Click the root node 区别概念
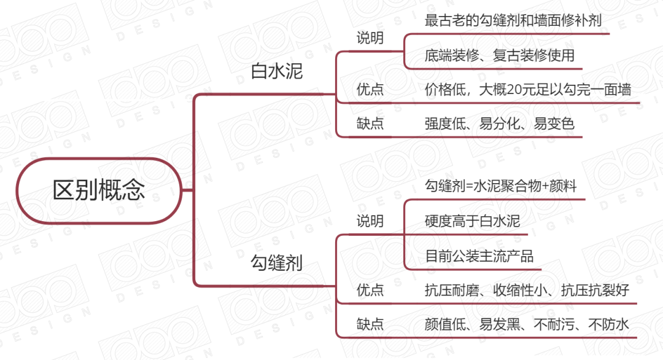point(99,190)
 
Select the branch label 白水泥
point(277,72)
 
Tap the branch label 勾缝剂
point(277,264)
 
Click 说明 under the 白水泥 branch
point(370,38)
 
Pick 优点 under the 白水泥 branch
point(370,90)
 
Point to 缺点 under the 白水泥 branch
point(370,123)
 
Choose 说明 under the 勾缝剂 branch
point(370,221)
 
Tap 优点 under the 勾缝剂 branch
point(370,290)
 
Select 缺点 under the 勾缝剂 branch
point(370,324)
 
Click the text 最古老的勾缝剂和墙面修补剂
point(513,20)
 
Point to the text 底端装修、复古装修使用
point(499,55)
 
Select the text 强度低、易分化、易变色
point(499,123)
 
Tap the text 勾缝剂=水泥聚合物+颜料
point(501,186)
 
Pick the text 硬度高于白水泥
point(472,221)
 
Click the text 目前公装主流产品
point(479,256)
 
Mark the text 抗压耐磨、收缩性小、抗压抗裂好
point(527,290)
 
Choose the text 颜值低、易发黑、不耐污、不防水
point(527,324)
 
